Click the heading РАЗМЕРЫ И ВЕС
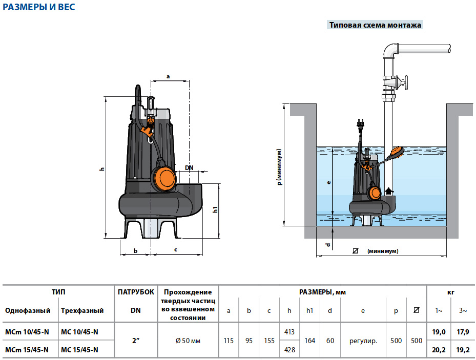click(39, 7)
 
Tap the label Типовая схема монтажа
click(375, 25)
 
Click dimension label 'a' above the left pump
click(168, 76)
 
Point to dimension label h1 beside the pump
click(215, 209)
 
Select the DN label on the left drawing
click(189, 168)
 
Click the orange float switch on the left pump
click(164, 180)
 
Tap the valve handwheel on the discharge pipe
click(405, 82)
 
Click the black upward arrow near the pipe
click(389, 191)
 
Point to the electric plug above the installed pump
click(360, 124)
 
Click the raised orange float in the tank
click(397, 152)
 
